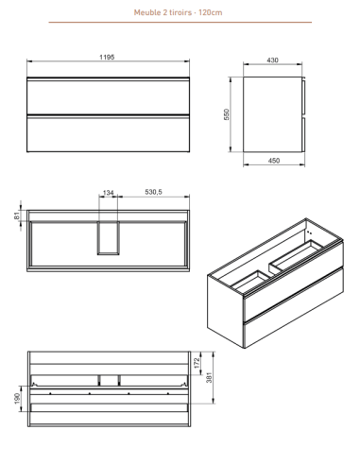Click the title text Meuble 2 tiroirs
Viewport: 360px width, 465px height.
(163, 12)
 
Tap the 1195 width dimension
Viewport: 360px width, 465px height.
(107, 57)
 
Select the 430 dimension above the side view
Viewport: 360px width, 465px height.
(272, 60)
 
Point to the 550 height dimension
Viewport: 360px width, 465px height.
(227, 114)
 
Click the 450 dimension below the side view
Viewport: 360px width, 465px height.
(274, 161)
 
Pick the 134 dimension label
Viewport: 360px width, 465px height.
(108, 192)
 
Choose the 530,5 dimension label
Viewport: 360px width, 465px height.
(153, 192)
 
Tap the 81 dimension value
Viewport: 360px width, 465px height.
(17, 215)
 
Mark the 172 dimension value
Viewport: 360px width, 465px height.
(197, 363)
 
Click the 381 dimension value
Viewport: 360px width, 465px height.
(209, 377)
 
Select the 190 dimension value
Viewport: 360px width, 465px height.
(17, 398)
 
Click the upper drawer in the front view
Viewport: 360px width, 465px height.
(108, 96)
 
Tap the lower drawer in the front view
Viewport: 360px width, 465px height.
(108, 133)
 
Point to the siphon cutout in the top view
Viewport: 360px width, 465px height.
(108, 238)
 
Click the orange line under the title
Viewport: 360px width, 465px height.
(180, 22)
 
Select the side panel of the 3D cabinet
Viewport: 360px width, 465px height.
(225, 310)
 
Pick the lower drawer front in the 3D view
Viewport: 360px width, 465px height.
(294, 307)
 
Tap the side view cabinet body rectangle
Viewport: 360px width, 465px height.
(272, 114)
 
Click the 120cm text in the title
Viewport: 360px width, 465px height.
(211, 12)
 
